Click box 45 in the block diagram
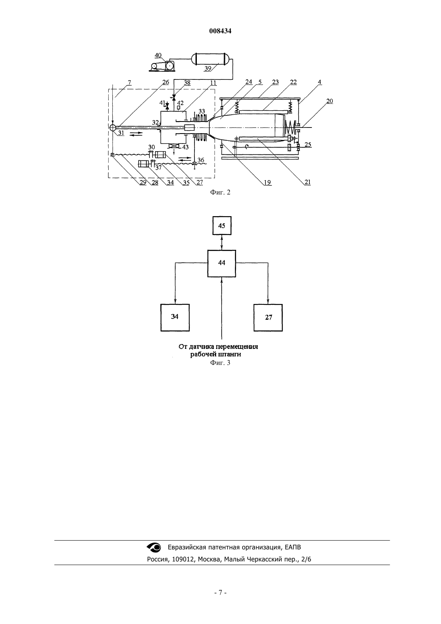[x=222, y=226]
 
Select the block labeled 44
[x=222, y=263]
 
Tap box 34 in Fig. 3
[x=175, y=318]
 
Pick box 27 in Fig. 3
[x=268, y=318]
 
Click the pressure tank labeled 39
[x=210, y=59]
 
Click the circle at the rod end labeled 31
[x=113, y=128]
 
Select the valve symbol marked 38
[x=174, y=97]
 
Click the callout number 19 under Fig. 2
[x=267, y=182]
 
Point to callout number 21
[x=307, y=182]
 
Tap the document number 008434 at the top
[x=220, y=31]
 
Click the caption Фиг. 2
[x=220, y=192]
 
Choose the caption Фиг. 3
[x=220, y=363]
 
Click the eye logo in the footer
[x=154, y=547]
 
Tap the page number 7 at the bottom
[x=220, y=593]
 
